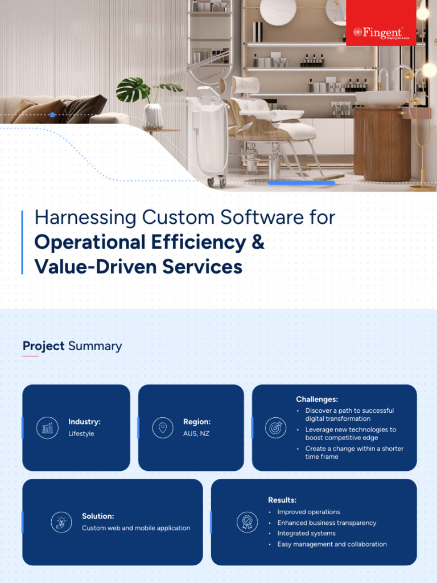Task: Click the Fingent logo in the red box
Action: point(378,32)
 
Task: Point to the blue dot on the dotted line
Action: point(52,115)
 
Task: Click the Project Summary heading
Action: point(72,346)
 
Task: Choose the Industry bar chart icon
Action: point(47,428)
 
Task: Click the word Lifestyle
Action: point(81,434)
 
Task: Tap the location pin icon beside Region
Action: point(163,428)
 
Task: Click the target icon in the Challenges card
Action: point(276,428)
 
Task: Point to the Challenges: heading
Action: point(317,400)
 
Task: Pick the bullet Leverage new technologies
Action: point(350,434)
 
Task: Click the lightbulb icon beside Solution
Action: point(61,522)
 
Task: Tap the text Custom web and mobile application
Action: point(136,528)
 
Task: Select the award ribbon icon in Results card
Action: point(247,522)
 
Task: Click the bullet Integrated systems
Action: point(306,533)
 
